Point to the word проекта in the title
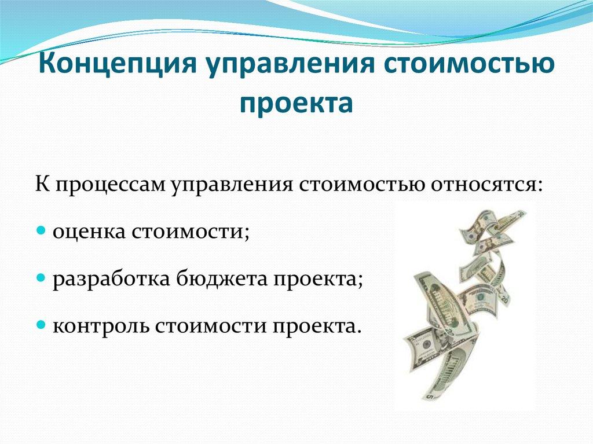296,104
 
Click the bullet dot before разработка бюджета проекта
41,278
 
